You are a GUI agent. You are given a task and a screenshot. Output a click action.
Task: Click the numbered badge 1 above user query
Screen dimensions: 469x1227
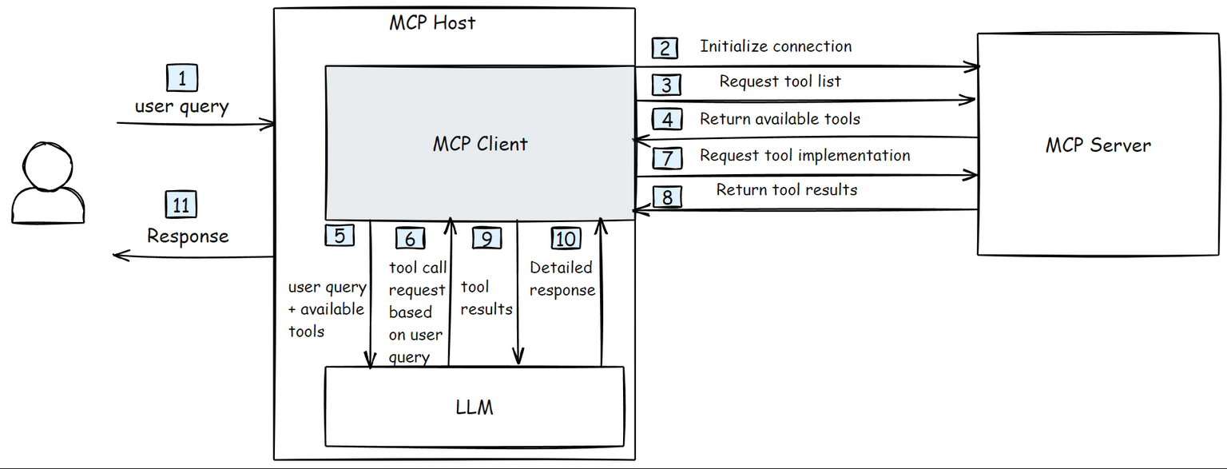click(182, 78)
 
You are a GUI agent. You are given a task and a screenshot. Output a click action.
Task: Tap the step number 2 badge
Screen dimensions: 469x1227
click(665, 48)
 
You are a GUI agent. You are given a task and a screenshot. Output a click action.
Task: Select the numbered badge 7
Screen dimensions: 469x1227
click(667, 157)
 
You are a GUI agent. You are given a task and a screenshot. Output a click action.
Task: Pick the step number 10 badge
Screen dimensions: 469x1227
click(566, 238)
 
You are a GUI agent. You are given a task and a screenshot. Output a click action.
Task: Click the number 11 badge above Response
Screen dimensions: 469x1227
click(181, 205)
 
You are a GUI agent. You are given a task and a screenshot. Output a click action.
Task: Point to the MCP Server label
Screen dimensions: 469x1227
click(1098, 145)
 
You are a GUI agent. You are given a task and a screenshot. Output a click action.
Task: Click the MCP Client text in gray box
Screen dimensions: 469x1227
click(480, 144)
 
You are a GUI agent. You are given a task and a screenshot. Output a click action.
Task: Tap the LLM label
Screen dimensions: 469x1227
click(475, 407)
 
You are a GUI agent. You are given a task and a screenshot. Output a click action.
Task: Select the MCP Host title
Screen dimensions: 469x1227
click(432, 22)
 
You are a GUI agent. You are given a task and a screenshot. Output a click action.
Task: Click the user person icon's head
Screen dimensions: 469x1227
click(48, 165)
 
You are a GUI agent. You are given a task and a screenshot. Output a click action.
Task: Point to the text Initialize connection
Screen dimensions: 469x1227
click(776, 46)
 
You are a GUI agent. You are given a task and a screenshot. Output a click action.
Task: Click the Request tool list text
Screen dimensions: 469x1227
click(780, 81)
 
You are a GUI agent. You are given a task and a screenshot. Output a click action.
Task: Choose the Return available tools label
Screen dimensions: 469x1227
click(780, 119)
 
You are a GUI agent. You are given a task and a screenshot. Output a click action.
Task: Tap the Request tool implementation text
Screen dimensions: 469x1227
click(804, 155)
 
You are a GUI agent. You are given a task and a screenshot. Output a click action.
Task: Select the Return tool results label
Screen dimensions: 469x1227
click(786, 190)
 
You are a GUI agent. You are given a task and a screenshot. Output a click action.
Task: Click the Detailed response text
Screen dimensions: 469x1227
click(562, 279)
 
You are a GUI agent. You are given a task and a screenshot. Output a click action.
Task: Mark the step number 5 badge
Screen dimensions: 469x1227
click(340, 236)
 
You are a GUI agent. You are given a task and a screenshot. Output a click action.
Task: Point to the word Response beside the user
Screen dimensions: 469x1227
click(188, 236)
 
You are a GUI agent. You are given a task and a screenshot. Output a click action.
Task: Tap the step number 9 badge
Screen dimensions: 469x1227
click(486, 238)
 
